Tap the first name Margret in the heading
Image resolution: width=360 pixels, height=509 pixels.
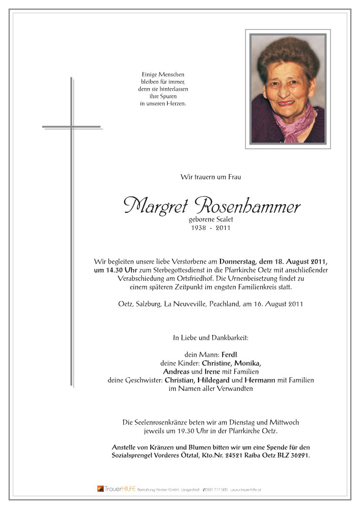pos(155,206)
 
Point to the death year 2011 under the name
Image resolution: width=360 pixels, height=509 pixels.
pos(222,228)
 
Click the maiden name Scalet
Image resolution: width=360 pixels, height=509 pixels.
pos(220,219)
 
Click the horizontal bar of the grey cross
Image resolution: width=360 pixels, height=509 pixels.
pos(71,127)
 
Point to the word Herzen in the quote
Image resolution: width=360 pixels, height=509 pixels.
pos(177,104)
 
